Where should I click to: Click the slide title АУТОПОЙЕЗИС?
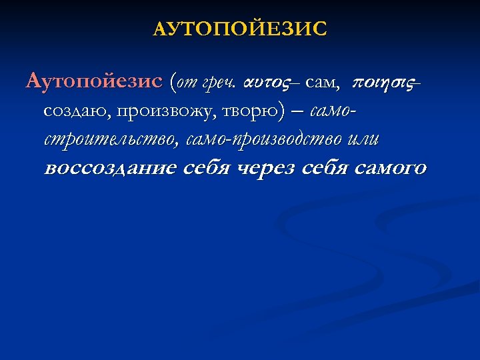click(240, 29)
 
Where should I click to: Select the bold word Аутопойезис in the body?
click(94, 83)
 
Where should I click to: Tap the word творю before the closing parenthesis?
click(245, 112)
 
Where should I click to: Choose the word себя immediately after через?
click(323, 168)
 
